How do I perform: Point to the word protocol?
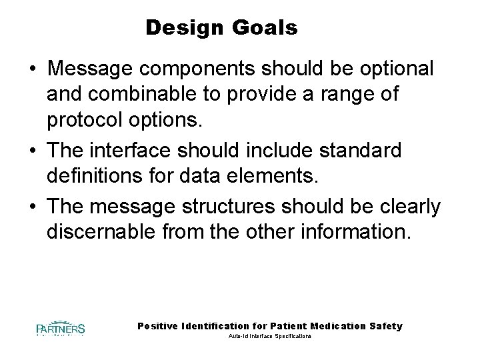click(91, 120)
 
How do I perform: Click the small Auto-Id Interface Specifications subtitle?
click(270, 337)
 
